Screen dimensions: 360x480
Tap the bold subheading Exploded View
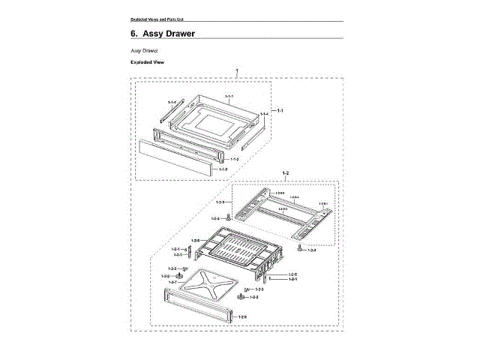tap(147, 62)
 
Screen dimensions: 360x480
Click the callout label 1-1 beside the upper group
tap(280, 110)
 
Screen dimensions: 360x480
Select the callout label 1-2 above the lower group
tap(285, 173)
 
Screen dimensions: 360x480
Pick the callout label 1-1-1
tap(229, 97)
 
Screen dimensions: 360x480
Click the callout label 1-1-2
tap(234, 159)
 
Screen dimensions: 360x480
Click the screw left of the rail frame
tap(229, 218)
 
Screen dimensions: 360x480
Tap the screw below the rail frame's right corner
tap(298, 246)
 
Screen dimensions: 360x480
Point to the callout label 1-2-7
tap(172, 282)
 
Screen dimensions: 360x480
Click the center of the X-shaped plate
tap(208, 285)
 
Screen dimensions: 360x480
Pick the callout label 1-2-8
tap(242, 317)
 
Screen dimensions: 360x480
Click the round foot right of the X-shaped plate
tap(241, 298)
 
